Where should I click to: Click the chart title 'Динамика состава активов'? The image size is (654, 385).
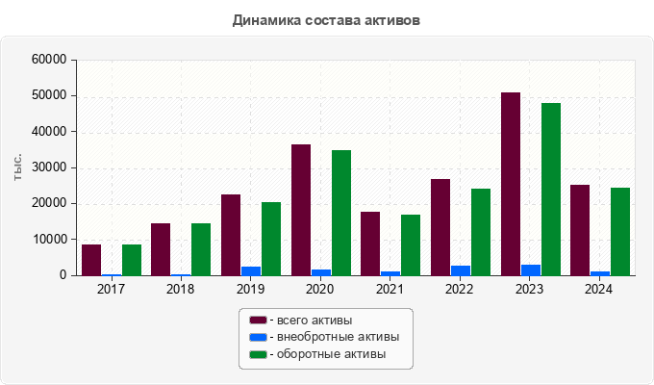(x=326, y=19)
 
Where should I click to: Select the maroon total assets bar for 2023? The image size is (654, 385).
(x=511, y=184)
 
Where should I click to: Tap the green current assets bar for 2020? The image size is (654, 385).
(x=341, y=213)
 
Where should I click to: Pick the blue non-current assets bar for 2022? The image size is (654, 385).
(x=461, y=270)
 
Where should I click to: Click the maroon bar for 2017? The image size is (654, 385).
(x=91, y=260)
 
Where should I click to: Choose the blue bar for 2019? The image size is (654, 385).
(x=251, y=270)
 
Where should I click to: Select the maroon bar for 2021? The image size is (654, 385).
(x=370, y=244)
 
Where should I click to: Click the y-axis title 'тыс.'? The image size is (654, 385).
(x=18, y=167)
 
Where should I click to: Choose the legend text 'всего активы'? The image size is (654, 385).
(x=314, y=320)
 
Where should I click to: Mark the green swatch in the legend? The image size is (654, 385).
(x=258, y=354)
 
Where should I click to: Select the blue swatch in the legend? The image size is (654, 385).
(x=258, y=337)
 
